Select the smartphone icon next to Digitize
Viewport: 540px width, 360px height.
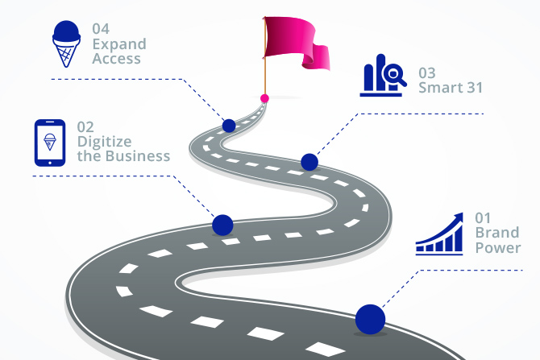pos(50,143)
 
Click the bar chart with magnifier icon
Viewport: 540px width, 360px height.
pos(382,77)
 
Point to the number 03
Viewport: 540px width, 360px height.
pos(427,72)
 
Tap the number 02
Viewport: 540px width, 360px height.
pos(85,126)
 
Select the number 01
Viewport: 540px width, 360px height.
pos(483,217)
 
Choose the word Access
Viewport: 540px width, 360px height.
pos(116,59)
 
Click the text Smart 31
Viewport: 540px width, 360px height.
pos(450,87)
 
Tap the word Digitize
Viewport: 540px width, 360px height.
pos(104,142)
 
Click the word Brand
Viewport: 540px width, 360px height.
pos(496,233)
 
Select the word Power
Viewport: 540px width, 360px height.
pos(497,247)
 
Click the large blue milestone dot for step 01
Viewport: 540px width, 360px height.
pos(370,318)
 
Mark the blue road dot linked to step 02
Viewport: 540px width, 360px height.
pos(222,225)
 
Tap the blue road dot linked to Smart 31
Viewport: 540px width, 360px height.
pos(309,162)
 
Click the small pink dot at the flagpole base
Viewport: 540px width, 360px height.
pos(264,97)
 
